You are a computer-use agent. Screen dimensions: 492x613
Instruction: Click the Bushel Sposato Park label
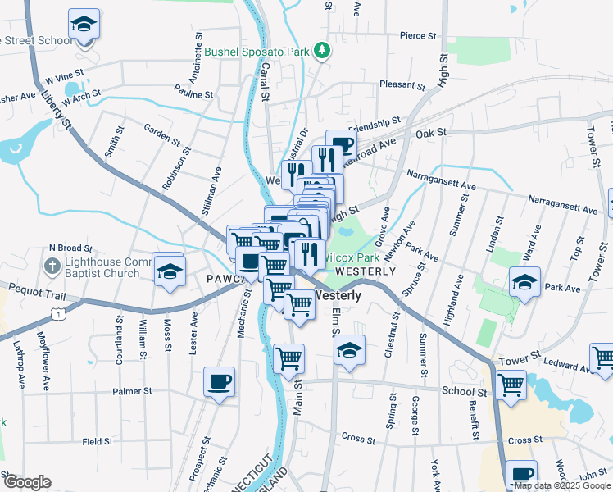[257, 52]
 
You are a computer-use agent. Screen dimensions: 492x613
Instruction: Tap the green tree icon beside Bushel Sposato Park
[323, 51]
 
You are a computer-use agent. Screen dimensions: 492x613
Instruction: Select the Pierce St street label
[418, 36]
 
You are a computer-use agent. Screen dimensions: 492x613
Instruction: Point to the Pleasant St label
[402, 84]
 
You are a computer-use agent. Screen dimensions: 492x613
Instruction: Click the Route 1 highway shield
[57, 312]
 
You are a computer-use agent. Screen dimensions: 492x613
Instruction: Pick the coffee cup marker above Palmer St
[219, 382]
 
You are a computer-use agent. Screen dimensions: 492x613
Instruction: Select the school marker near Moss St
[170, 270]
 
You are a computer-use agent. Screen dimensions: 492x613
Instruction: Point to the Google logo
[27, 483]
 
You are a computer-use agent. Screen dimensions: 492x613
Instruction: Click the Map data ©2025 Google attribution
[562, 485]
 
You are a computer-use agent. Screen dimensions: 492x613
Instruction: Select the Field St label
[98, 441]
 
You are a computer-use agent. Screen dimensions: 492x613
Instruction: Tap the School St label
[464, 393]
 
